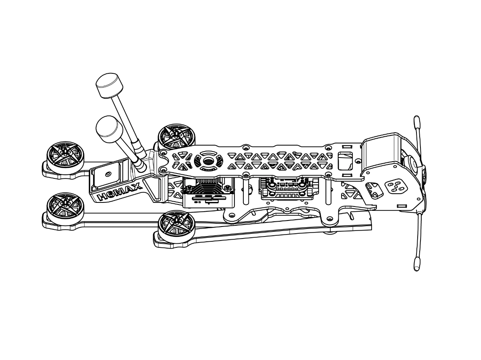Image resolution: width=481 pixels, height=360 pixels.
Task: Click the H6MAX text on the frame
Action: [x=119, y=192]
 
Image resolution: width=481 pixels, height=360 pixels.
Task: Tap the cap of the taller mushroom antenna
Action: [x=109, y=85]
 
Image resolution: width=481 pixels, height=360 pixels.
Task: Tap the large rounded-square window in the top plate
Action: [x=346, y=161]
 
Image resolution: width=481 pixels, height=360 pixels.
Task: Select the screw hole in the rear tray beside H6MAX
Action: [x=107, y=174]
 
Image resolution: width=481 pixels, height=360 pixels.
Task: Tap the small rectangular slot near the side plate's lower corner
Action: [x=402, y=206]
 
